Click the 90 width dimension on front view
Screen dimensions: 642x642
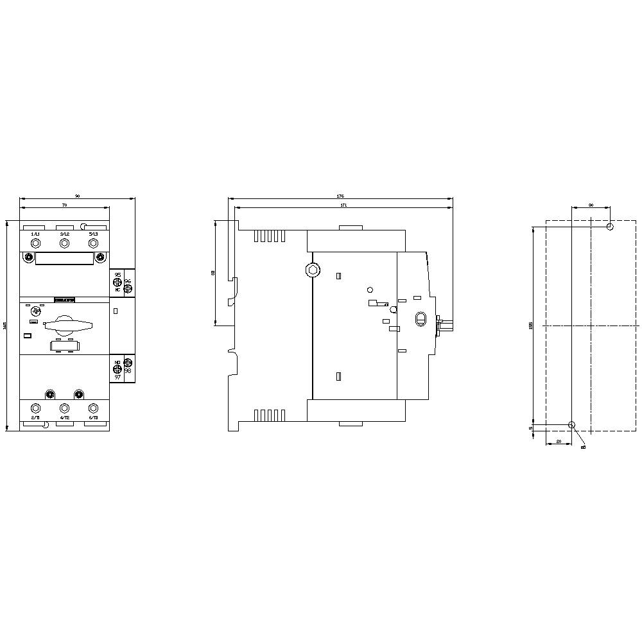[x=78, y=195]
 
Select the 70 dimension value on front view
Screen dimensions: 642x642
[x=64, y=204]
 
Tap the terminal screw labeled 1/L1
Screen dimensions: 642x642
[x=35, y=243]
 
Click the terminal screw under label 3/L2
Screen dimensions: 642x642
[x=64, y=243]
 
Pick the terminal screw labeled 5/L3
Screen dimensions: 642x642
[x=93, y=243]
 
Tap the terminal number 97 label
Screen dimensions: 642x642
[x=117, y=377]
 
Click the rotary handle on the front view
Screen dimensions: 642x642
[x=64, y=322]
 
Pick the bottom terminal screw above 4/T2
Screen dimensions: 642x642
[x=64, y=408]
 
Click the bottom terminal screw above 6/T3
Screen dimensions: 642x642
[x=93, y=408]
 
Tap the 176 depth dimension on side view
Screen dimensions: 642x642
[x=341, y=195]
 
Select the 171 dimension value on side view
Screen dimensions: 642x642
[x=343, y=204]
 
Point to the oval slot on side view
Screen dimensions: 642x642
[x=421, y=319]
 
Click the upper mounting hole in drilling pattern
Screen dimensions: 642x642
[x=610, y=227]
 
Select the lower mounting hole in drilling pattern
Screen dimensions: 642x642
[x=572, y=425]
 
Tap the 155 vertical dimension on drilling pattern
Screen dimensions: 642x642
[x=531, y=325]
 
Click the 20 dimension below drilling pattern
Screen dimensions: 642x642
[x=559, y=442]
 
